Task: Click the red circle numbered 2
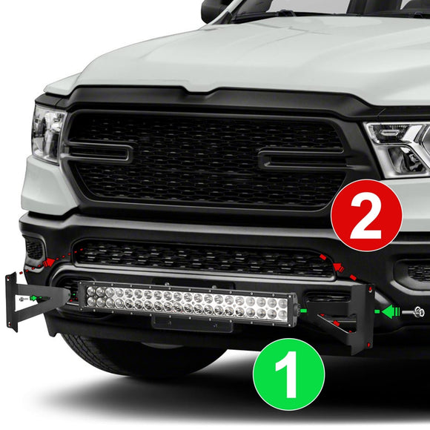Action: (366, 215)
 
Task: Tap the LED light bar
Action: (188, 304)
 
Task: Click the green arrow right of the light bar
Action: (388, 312)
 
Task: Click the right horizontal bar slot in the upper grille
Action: (300, 159)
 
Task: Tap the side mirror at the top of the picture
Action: (216, 9)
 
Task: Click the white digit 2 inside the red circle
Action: (366, 215)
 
